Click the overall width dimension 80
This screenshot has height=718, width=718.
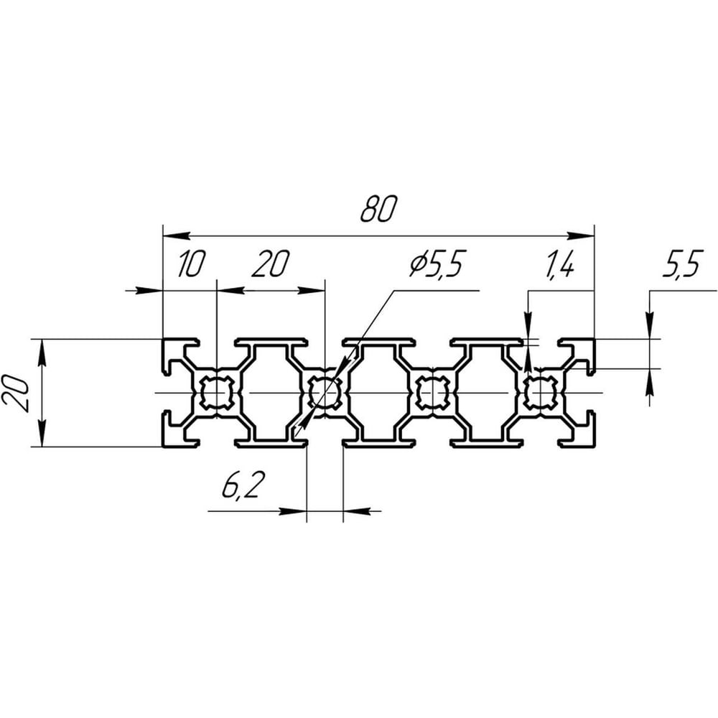coord(378,209)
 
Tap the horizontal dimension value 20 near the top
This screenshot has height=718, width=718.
coord(271,264)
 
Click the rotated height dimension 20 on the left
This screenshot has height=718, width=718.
coord(15,393)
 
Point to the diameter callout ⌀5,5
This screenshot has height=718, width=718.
coord(435,264)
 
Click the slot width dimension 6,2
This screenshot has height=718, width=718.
coord(243,485)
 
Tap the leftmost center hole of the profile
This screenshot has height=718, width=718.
coord(217,393)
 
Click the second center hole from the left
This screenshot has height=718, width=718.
coord(325,393)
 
